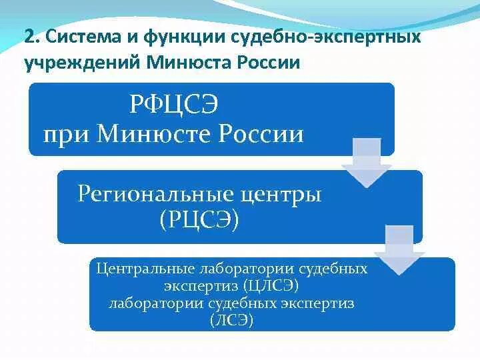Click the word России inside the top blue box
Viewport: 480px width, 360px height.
[261, 135]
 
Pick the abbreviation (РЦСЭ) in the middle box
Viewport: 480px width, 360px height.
[199, 219]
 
